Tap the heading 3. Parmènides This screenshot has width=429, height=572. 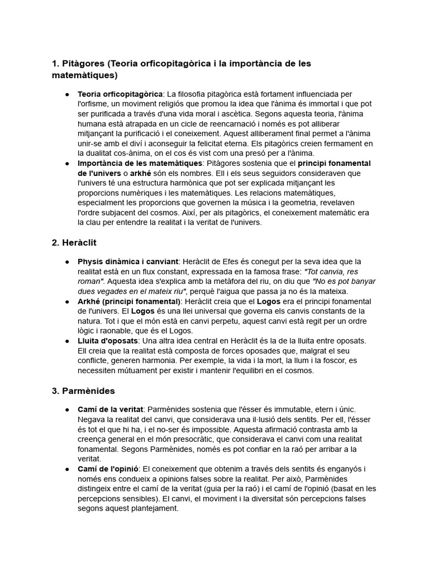click(83, 390)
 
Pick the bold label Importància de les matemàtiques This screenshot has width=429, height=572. click(140, 163)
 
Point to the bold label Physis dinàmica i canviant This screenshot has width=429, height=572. click(128, 261)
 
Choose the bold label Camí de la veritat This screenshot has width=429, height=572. click(111, 410)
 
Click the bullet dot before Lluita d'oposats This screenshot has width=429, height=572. click(67, 341)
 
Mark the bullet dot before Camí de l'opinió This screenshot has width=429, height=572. click(67, 469)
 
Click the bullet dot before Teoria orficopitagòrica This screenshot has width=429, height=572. click(67, 94)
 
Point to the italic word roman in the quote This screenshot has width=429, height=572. click(90, 282)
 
